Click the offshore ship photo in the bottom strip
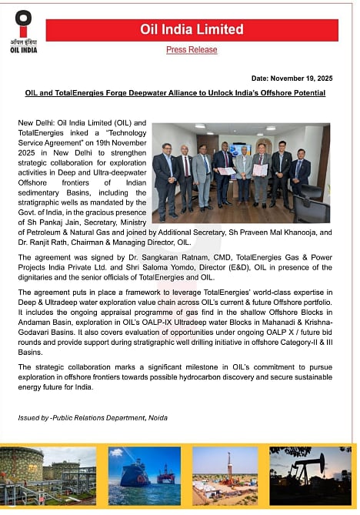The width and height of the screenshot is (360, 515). point(142,474)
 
